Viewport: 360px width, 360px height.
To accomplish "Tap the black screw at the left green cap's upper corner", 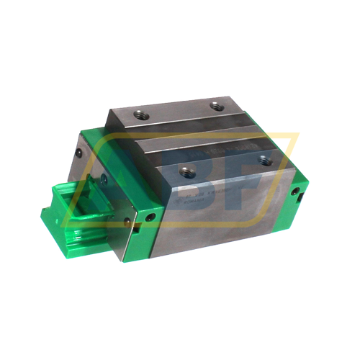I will [78, 153].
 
